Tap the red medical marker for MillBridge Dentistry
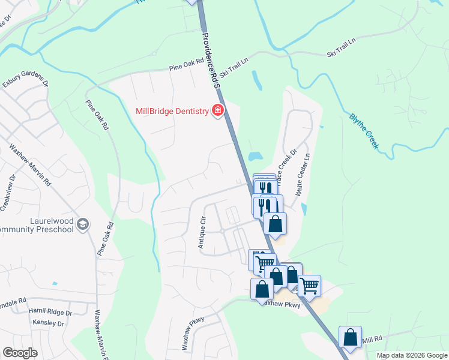click(x=217, y=110)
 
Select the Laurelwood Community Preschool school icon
click(x=83, y=224)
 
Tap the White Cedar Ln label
click(x=303, y=174)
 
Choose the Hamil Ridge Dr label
click(x=50, y=313)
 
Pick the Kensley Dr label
click(x=49, y=323)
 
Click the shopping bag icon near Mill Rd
click(x=350, y=337)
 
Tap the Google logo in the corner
click(x=20, y=353)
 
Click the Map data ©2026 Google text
click(x=411, y=355)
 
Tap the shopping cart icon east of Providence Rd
click(x=309, y=286)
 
